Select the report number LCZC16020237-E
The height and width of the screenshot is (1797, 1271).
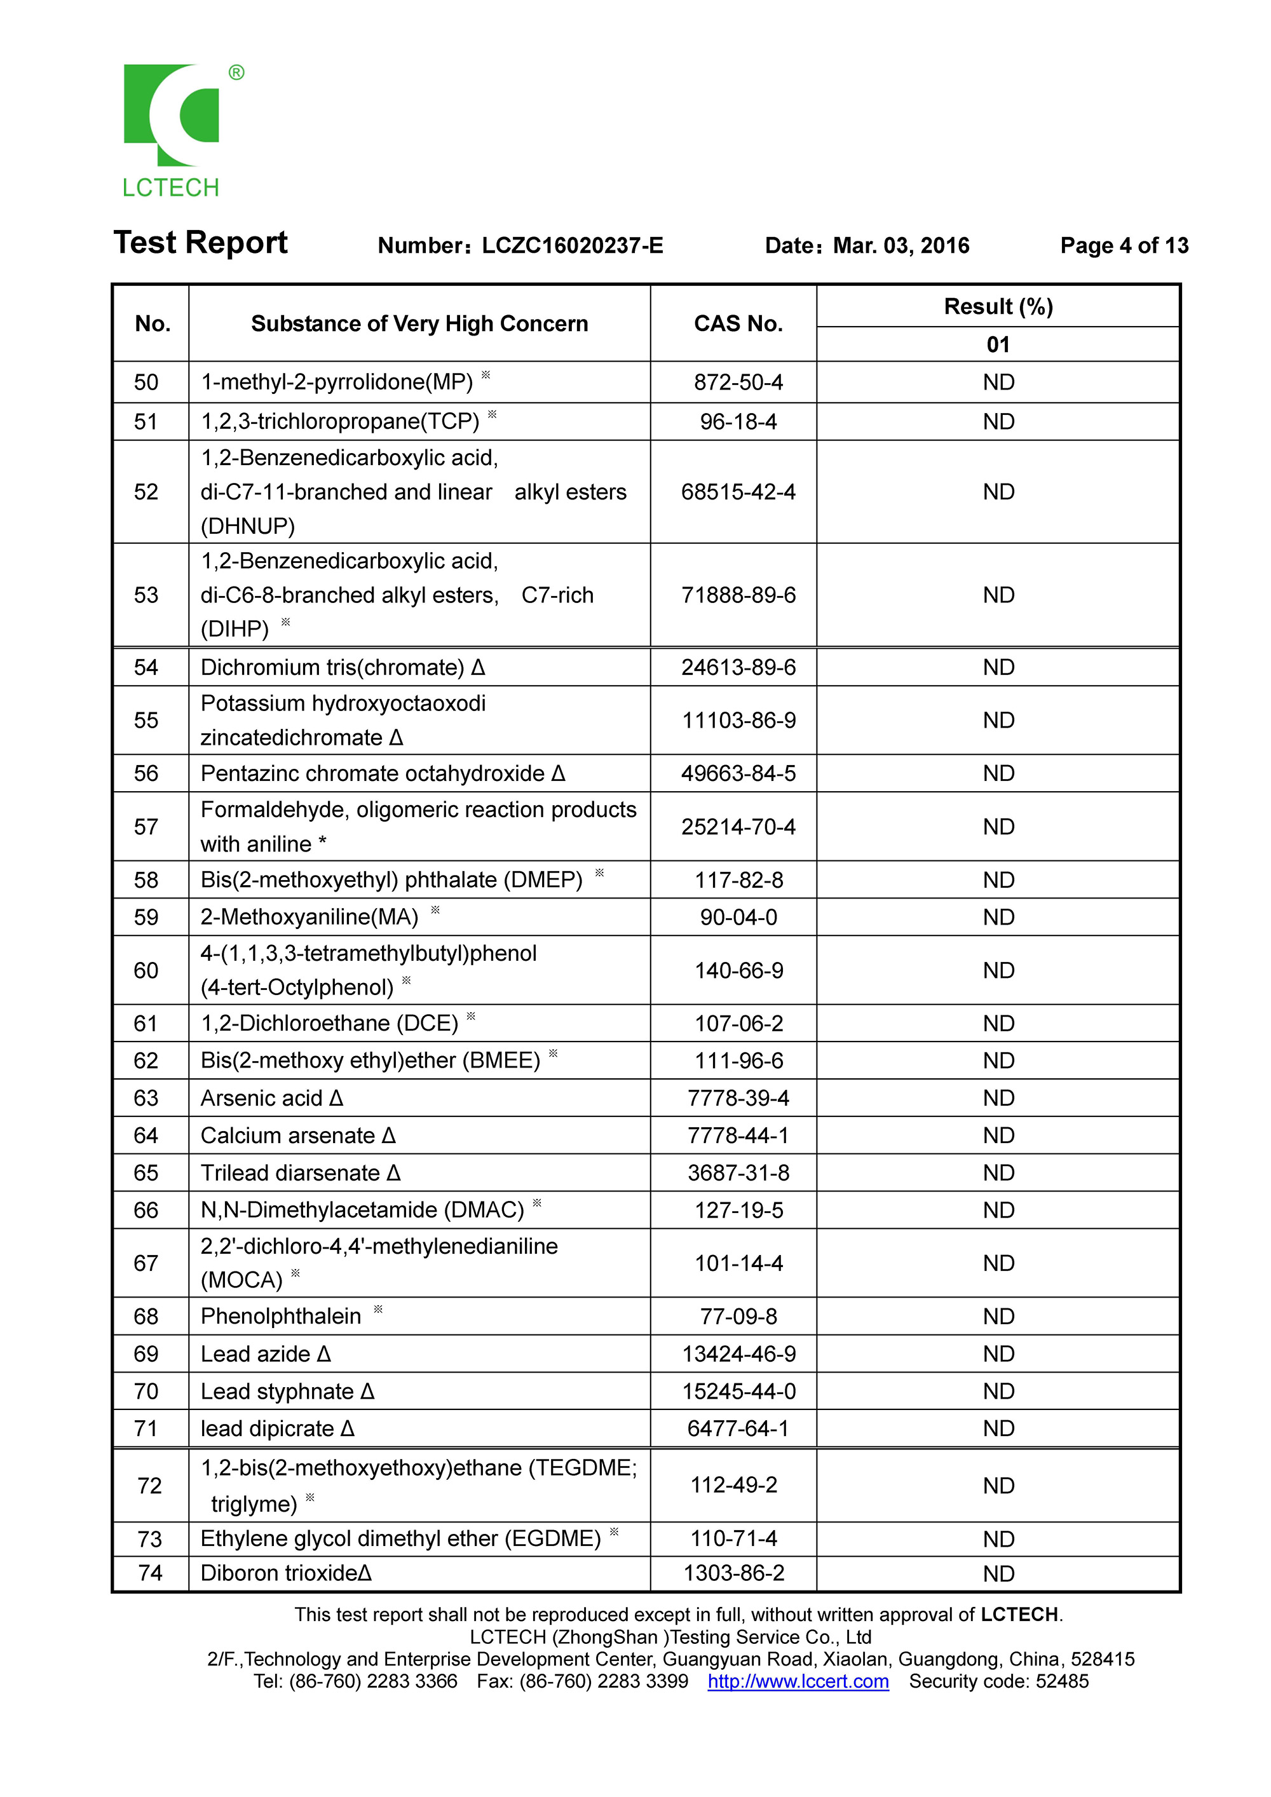click(x=572, y=246)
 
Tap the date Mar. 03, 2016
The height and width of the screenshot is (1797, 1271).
click(x=901, y=246)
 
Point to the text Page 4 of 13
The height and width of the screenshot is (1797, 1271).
click(x=1124, y=246)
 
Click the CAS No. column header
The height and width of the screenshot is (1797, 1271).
click(x=738, y=324)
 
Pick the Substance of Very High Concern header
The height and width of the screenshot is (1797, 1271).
click(x=419, y=324)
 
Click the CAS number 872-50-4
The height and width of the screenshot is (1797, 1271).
click(x=738, y=383)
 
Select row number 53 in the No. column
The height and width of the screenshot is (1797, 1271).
click(x=146, y=595)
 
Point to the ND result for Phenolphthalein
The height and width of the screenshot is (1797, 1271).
click(x=998, y=1317)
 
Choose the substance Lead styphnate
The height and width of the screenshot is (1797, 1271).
click(x=278, y=1392)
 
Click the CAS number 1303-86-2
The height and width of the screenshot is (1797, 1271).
click(x=734, y=1573)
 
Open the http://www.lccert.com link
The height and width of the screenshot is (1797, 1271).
click(x=798, y=1682)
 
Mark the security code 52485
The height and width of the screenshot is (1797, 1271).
click(x=1061, y=1682)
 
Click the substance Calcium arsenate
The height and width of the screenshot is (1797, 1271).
click(x=288, y=1136)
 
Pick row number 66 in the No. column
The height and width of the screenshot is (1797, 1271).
click(x=146, y=1210)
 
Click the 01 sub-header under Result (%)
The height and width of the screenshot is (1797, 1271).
click(x=998, y=344)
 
